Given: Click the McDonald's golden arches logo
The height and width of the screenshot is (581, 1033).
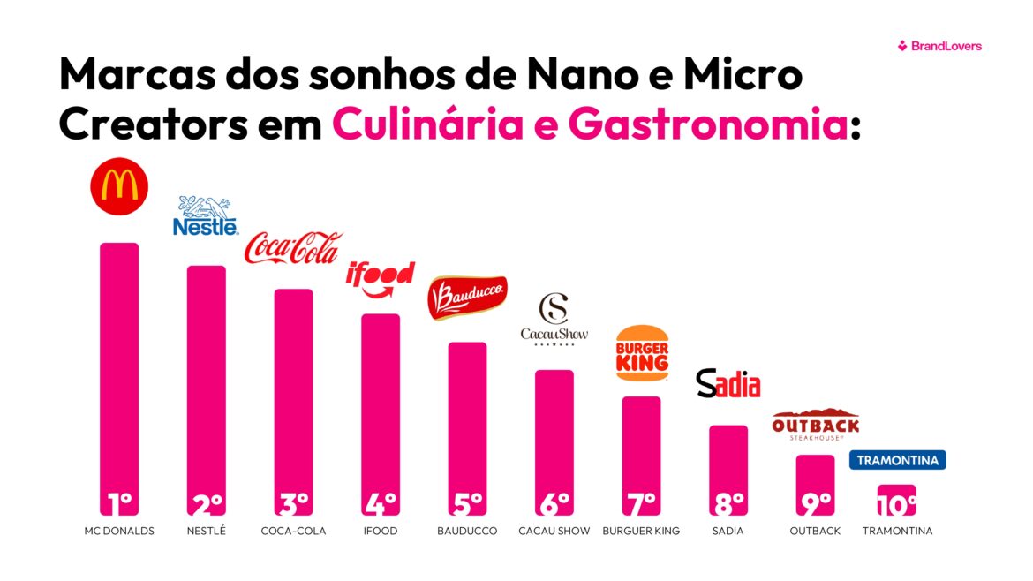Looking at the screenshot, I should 119,185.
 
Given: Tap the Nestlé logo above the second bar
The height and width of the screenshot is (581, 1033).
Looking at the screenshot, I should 206,216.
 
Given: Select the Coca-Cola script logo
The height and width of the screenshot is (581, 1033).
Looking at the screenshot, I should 291,248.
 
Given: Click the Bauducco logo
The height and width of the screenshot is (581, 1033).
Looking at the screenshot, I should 467,298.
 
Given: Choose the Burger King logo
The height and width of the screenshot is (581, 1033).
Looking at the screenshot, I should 642,353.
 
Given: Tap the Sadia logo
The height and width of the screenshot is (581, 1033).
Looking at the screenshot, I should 728,383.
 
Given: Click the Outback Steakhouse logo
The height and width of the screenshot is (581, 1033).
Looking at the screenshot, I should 815,425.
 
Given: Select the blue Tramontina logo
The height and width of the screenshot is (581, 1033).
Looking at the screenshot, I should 897,460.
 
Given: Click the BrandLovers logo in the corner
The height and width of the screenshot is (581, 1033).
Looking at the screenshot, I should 939,46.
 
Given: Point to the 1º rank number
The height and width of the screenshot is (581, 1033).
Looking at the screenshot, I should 118,503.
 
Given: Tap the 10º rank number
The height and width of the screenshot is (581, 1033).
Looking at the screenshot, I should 896,505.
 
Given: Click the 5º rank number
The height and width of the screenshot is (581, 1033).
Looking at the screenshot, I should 467,503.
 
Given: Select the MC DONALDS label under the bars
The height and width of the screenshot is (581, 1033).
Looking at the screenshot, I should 119,532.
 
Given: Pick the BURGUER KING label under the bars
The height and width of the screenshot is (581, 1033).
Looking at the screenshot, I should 641,532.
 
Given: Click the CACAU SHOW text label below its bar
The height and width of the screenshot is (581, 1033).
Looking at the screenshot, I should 554,532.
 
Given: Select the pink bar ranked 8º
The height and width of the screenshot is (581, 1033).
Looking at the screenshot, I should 728,459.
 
